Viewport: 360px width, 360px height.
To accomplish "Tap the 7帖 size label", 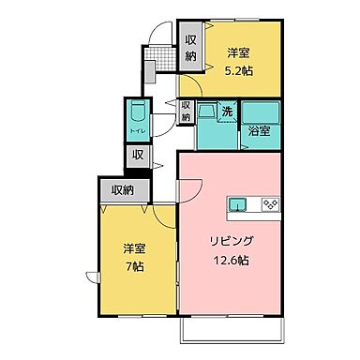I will coord(135,266).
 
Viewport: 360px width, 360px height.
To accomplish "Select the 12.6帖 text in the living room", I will coord(230,259).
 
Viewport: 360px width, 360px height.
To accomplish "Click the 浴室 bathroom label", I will coord(260,131).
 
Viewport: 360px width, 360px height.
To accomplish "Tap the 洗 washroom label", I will coord(227,112).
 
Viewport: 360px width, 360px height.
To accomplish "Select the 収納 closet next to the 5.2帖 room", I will coord(190,48).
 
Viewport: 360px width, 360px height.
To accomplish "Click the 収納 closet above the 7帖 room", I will coord(123,190).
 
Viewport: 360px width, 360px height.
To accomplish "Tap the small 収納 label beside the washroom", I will coord(186,112).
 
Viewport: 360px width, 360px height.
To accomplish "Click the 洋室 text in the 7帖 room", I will coord(135,248).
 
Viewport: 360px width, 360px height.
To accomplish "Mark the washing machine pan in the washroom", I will coord(207,113).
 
